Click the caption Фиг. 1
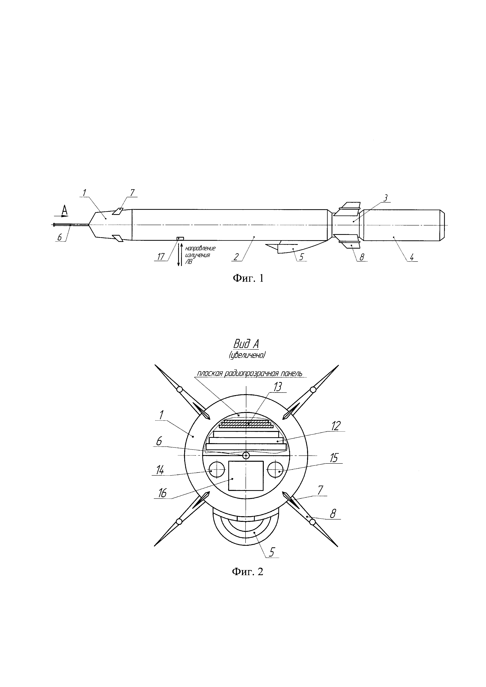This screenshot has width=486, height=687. pyautogui.click(x=248, y=279)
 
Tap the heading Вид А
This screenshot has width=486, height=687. pyautogui.click(x=246, y=344)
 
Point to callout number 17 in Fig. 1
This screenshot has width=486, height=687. pyautogui.click(x=161, y=257)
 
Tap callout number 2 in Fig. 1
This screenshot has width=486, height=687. pyautogui.click(x=236, y=257)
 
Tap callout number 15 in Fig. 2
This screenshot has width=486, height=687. pyautogui.click(x=334, y=458)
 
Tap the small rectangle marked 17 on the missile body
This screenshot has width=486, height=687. pyautogui.click(x=180, y=238)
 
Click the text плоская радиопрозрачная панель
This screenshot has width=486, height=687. pyautogui.click(x=249, y=373)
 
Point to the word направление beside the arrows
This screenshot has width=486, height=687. pyautogui.click(x=200, y=248)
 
